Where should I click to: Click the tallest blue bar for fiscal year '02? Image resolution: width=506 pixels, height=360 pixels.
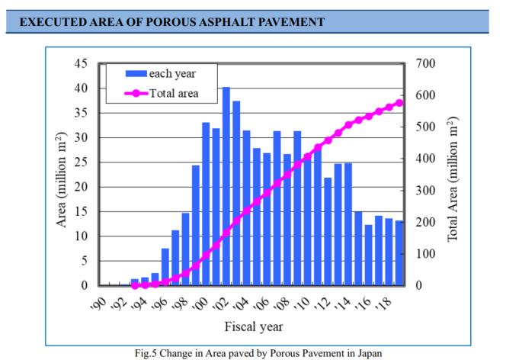tap(226, 186)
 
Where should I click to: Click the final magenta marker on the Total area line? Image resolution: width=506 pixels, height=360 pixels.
tap(399, 103)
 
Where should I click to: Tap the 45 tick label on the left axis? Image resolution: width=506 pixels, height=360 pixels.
tap(80, 63)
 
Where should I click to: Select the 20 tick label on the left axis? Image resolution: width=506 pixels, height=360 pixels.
tap(80, 187)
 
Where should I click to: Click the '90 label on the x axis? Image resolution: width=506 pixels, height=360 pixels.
tap(98, 304)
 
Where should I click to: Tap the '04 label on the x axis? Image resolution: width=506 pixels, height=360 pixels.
tap(242, 304)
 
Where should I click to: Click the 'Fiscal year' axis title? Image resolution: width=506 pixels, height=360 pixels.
tap(253, 327)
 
